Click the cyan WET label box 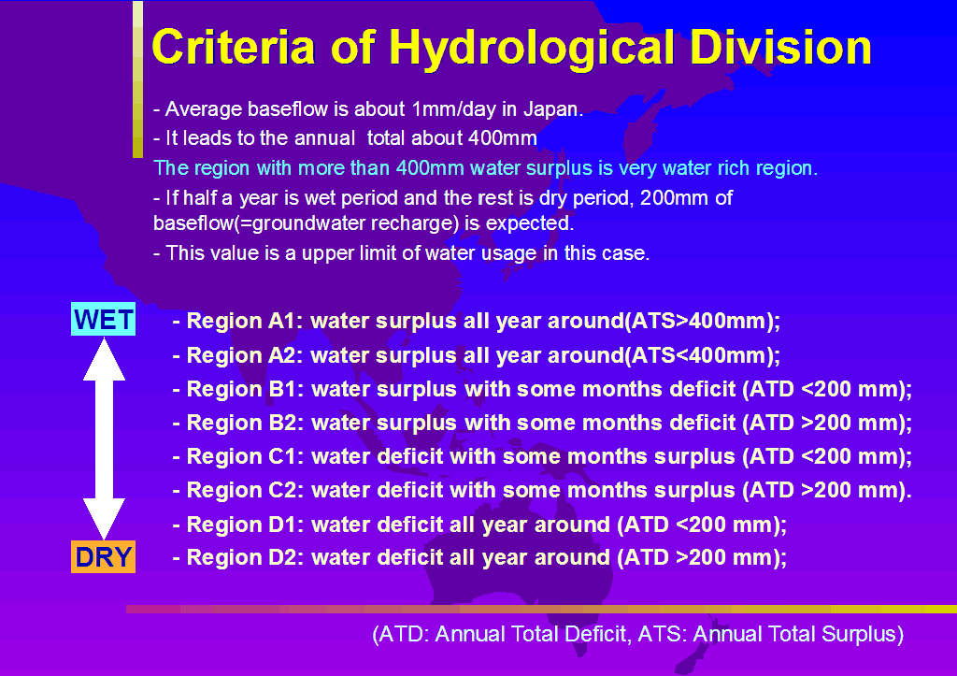pyautogui.click(x=103, y=319)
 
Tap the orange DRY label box pyautogui.click(x=103, y=556)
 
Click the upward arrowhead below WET pyautogui.click(x=104, y=360)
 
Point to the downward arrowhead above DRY pyautogui.click(x=104, y=518)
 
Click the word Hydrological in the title pyautogui.click(x=532, y=49)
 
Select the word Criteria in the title pyautogui.click(x=233, y=47)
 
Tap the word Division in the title pyautogui.click(x=780, y=47)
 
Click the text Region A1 pyautogui.click(x=241, y=321)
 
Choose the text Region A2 pyautogui.click(x=242, y=354)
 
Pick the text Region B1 pyautogui.click(x=242, y=389)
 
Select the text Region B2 pyautogui.click(x=242, y=423)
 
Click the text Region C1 pyautogui.click(x=242, y=456)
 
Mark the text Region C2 pyautogui.click(x=242, y=490)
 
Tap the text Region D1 pyautogui.click(x=242, y=524)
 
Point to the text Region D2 pyautogui.click(x=242, y=557)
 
